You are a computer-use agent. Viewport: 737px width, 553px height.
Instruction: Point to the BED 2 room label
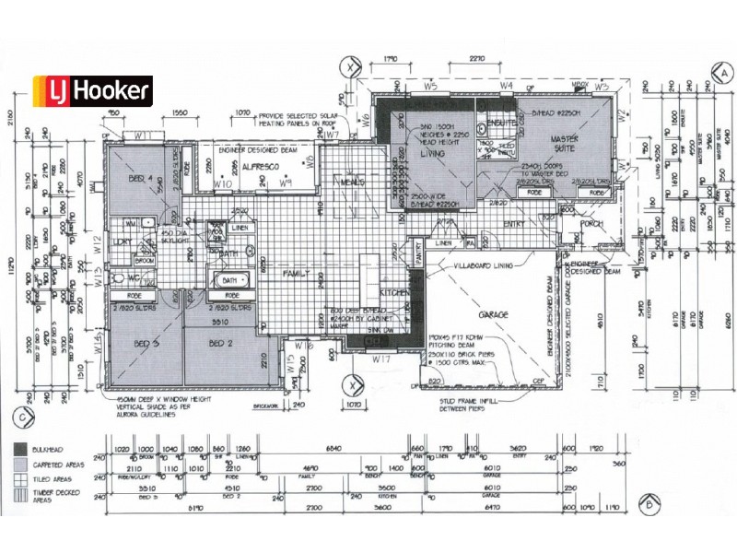(218, 344)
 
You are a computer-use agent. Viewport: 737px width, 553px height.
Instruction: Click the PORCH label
(591, 224)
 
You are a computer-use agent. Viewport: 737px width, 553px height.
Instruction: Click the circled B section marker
(649, 503)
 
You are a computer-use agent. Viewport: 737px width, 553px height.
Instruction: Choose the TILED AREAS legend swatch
(19, 479)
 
